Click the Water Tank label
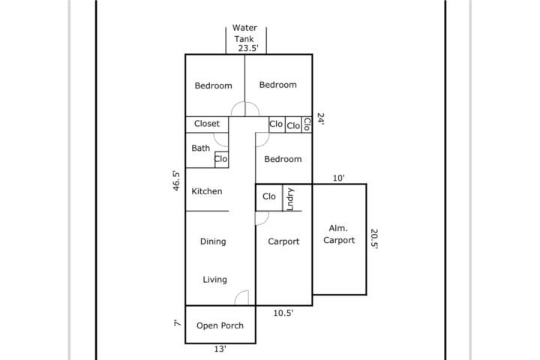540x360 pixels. pyautogui.click(x=244, y=34)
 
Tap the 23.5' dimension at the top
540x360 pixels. pyautogui.click(x=248, y=48)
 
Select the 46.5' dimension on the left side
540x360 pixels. pyautogui.click(x=176, y=181)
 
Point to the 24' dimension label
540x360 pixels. pyautogui.click(x=321, y=118)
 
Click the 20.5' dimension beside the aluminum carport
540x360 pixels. pyautogui.click(x=374, y=238)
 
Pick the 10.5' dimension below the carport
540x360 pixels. pyautogui.click(x=283, y=313)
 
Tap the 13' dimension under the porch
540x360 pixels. pyautogui.click(x=220, y=349)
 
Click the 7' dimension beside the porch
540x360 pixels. pyautogui.click(x=177, y=323)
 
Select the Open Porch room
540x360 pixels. pyautogui.click(x=220, y=325)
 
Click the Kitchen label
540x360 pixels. pyautogui.click(x=207, y=191)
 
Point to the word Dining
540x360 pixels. pyautogui.click(x=213, y=241)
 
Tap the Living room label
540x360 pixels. pyautogui.click(x=215, y=280)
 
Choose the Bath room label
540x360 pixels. pyautogui.click(x=201, y=148)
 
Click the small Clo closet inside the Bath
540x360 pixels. pyautogui.click(x=220, y=159)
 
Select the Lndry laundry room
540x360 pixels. pyautogui.click(x=290, y=199)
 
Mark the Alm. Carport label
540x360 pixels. pyautogui.click(x=339, y=234)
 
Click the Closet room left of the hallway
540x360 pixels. pyautogui.click(x=207, y=124)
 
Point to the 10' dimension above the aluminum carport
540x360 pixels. pyautogui.click(x=338, y=178)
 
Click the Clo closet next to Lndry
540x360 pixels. pyautogui.click(x=269, y=196)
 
